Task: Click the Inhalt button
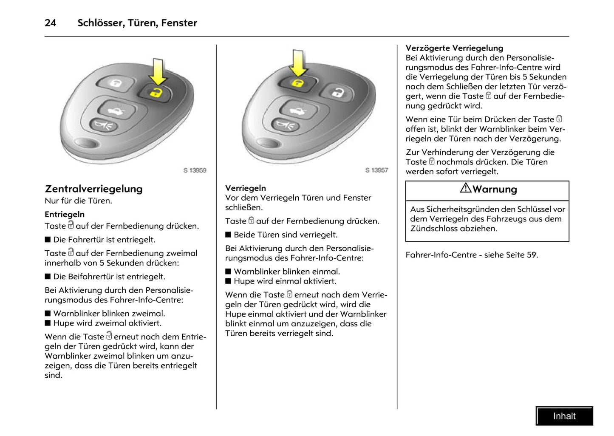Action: (x=564, y=416)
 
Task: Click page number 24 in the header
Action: (x=50, y=23)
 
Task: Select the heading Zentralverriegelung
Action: (x=93, y=189)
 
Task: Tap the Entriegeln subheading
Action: (x=65, y=214)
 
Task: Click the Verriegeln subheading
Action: (x=245, y=188)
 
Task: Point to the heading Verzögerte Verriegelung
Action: (x=454, y=48)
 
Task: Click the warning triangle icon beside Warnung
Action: (x=465, y=188)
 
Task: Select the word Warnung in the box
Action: (x=495, y=190)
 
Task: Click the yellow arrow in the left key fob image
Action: (x=158, y=71)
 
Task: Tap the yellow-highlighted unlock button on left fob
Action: (x=156, y=92)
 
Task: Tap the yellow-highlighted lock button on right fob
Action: (x=298, y=82)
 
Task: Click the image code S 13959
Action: (x=195, y=170)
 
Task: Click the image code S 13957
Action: (x=376, y=170)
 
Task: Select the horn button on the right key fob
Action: (x=285, y=125)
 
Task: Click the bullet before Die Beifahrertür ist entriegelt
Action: (x=48, y=277)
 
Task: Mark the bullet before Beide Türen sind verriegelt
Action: (x=228, y=235)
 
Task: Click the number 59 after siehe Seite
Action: (x=531, y=255)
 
